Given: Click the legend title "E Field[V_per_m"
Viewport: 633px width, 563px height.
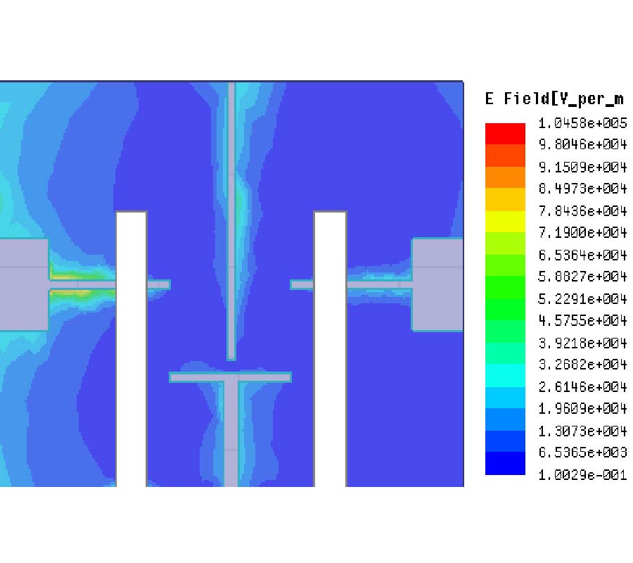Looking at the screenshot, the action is (555, 99).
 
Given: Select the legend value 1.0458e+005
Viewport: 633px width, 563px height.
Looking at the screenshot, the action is (582, 122).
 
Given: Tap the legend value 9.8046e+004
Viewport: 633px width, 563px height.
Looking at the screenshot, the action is (582, 144).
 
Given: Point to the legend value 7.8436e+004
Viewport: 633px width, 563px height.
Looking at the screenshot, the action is (582, 210).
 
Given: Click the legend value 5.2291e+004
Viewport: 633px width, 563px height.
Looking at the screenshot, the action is (582, 298).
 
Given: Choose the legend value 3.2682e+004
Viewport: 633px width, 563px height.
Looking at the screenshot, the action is (582, 365).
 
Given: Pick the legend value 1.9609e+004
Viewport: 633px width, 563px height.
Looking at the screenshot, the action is (582, 408).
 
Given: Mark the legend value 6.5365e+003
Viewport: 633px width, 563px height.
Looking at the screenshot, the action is (582, 453).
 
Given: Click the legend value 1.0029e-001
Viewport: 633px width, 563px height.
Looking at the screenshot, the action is (582, 474).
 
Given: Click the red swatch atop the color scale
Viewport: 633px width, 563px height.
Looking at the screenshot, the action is (505, 134).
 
